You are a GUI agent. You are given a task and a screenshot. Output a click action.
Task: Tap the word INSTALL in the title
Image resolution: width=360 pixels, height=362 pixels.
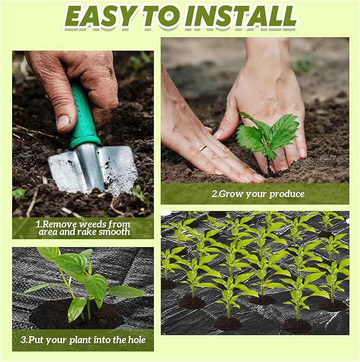point(241,17)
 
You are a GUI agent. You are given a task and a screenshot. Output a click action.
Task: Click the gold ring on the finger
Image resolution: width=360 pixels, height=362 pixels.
point(203,148)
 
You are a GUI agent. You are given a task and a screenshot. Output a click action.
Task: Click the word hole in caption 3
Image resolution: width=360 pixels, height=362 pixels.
point(136,340)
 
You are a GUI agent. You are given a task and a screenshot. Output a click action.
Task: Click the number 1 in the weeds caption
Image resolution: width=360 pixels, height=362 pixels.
point(38,224)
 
